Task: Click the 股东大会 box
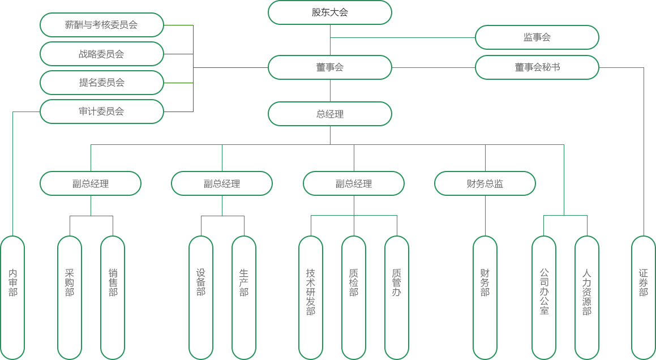[x=329, y=12]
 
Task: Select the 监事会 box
[x=537, y=37]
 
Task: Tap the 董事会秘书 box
[x=537, y=67]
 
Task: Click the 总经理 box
[x=329, y=114]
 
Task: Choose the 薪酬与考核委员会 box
[x=101, y=25]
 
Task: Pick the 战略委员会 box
[x=101, y=54]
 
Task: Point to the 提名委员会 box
[x=101, y=83]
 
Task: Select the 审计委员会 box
[x=101, y=112]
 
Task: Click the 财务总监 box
[x=485, y=183]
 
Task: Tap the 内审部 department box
[x=12, y=297]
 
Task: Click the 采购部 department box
[x=70, y=297]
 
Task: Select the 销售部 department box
[x=113, y=297]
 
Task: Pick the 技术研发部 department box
[x=311, y=297]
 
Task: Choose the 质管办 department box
[x=396, y=297]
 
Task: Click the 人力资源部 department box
[x=586, y=297]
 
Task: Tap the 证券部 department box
[x=644, y=297]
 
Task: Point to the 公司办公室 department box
[x=544, y=297]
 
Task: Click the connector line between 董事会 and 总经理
[x=330, y=91]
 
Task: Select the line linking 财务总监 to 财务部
[x=485, y=215]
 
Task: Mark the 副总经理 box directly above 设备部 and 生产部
[x=221, y=183]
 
